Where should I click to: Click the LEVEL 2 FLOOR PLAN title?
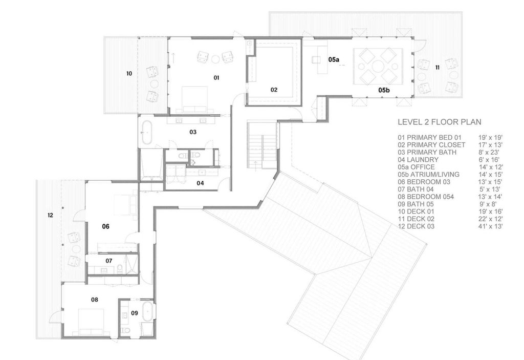click(440, 122)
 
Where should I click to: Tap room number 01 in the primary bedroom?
click(216, 77)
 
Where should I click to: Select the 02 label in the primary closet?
click(274, 90)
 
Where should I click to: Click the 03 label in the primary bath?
click(193, 132)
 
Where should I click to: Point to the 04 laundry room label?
click(200, 183)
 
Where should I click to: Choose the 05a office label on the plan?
click(334, 60)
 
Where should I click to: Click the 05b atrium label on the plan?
click(384, 90)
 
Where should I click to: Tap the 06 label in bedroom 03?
click(105, 226)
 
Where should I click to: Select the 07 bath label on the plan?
click(109, 261)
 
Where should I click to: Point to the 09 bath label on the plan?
click(134, 312)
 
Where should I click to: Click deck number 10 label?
click(129, 74)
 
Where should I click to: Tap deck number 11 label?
click(437, 67)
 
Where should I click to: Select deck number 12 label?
click(50, 216)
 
